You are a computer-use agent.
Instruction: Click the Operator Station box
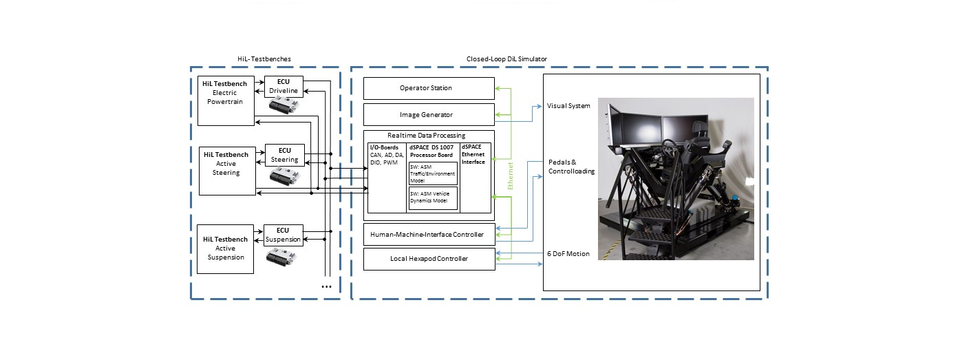429,88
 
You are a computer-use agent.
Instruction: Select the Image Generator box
429,114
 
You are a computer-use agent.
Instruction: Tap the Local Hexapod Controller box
429,259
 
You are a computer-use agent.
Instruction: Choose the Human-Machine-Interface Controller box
429,234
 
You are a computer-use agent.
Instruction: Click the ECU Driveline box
284,86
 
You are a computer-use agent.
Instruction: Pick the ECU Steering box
284,155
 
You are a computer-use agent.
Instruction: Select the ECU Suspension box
283,235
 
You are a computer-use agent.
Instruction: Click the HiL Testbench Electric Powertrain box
226,101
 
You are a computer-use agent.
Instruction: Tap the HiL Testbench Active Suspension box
226,249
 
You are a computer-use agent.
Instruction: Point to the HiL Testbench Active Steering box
227,171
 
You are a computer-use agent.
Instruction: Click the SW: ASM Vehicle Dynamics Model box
433,198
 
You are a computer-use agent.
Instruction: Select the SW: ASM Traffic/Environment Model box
433,173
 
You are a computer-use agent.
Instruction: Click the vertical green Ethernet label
510,176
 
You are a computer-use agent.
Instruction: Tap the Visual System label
568,106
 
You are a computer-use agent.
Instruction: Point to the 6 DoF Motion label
568,254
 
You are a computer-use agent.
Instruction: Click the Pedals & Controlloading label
571,167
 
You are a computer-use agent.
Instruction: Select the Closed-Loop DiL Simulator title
506,59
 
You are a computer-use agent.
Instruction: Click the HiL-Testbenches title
264,59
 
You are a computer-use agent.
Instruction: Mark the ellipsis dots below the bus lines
326,287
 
